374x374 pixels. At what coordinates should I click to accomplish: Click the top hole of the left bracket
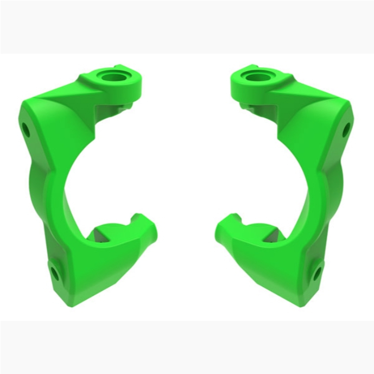pos(115,75)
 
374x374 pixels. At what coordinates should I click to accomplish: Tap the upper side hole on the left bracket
pos(26,130)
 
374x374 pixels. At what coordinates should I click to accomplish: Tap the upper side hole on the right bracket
pos(345,130)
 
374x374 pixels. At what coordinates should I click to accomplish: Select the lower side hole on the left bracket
pos(54,272)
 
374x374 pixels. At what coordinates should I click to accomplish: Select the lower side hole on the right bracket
pos(317,273)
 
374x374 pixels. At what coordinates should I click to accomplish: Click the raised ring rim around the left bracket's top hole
pos(129,80)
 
